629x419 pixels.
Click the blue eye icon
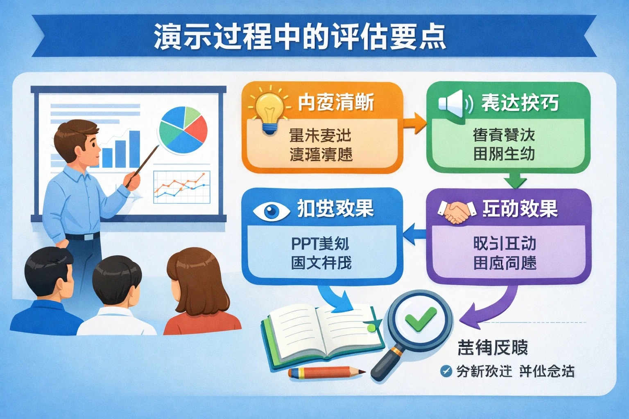[x=271, y=211]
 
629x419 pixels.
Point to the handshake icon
[x=456, y=211]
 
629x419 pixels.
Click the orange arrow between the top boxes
[x=414, y=123]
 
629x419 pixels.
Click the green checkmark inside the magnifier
[x=420, y=318]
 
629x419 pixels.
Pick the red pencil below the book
[x=326, y=372]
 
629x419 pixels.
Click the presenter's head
[x=78, y=141]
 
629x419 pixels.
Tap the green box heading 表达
[x=520, y=102]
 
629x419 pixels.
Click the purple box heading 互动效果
[x=520, y=209]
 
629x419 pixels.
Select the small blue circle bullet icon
[x=446, y=371]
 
